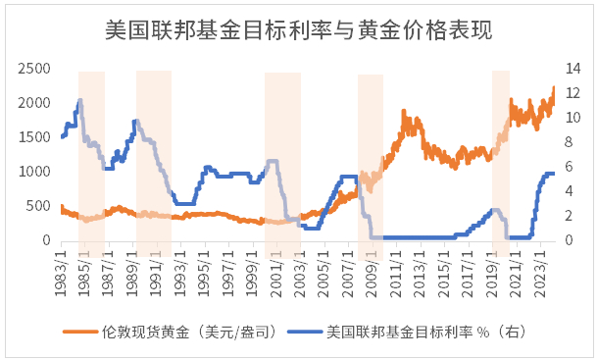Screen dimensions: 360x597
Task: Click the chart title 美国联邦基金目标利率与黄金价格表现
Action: pos(298,30)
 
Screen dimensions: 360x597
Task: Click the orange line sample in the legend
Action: pos(81,332)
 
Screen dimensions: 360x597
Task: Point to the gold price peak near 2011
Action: pos(405,112)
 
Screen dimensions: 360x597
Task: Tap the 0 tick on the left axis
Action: pos(45,240)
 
